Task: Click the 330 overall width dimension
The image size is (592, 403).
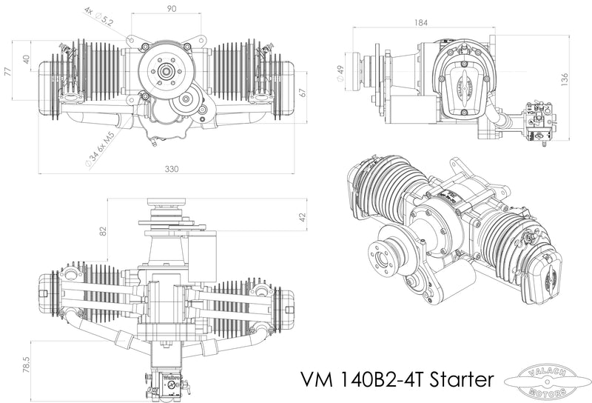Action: [172, 169]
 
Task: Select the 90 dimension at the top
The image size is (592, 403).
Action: [171, 8]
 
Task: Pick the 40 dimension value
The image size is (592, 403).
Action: [25, 59]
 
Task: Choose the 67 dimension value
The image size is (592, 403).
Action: [302, 92]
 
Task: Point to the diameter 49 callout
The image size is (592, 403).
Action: [340, 73]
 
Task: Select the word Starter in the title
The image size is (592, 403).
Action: [458, 379]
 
